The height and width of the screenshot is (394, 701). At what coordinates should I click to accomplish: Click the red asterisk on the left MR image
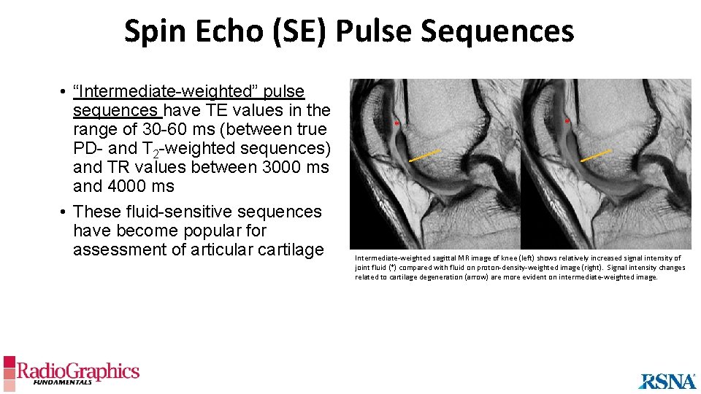[x=396, y=124]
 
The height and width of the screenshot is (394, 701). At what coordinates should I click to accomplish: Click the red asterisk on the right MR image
[x=567, y=122]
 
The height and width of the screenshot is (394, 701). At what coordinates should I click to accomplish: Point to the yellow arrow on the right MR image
[x=595, y=155]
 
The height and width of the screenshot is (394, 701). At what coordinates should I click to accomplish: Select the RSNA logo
[x=667, y=381]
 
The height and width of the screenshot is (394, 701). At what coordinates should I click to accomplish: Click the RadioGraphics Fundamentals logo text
[x=77, y=373]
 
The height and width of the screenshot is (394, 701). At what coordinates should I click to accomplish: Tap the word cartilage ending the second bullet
[x=283, y=250]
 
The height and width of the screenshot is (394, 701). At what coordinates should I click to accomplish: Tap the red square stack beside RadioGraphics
[x=9, y=371]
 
